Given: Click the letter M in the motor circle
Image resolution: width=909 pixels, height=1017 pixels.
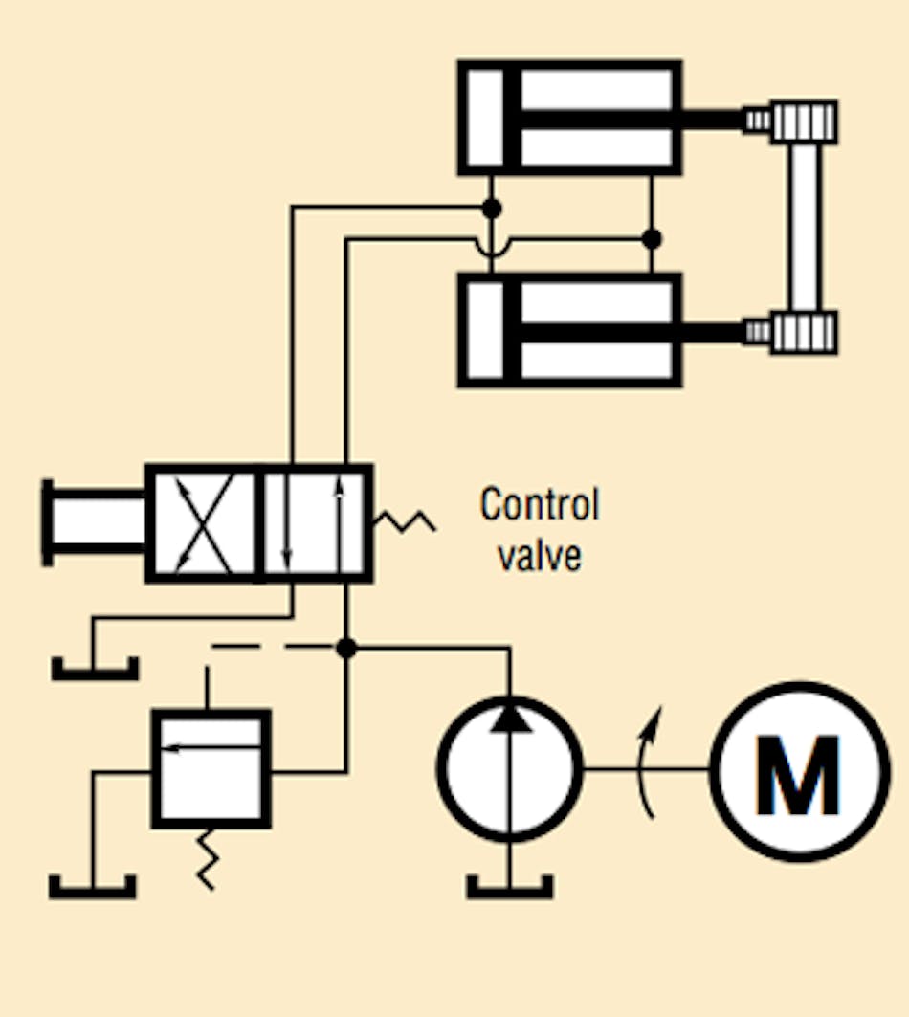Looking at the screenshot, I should pos(797,773).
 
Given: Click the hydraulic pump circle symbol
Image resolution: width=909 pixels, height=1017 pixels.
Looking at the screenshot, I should pos(510,766).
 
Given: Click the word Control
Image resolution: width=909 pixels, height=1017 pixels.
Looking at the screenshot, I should pos(539,504).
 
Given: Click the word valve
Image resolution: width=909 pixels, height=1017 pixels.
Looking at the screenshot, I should pos(539,554).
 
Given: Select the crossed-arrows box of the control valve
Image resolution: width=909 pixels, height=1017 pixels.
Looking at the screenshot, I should pos(203,524).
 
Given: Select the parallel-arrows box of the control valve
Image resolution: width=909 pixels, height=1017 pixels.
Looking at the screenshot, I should pos(316,524).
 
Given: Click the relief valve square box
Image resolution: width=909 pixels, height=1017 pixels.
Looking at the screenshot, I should pos(211,768).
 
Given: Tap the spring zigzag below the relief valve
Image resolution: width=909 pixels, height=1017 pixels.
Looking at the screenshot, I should pos(207,858).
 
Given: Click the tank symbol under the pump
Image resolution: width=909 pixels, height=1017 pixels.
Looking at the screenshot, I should pos(510,887).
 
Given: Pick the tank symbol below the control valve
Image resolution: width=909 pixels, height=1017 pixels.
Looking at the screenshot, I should pos(95,668).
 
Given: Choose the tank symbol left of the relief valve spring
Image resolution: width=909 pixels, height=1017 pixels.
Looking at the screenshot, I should pos(92,887).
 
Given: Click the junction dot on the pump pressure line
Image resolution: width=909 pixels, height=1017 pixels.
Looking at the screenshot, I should pos(346,649).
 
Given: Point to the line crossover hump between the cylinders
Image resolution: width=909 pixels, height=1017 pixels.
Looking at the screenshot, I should pos(491,249).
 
